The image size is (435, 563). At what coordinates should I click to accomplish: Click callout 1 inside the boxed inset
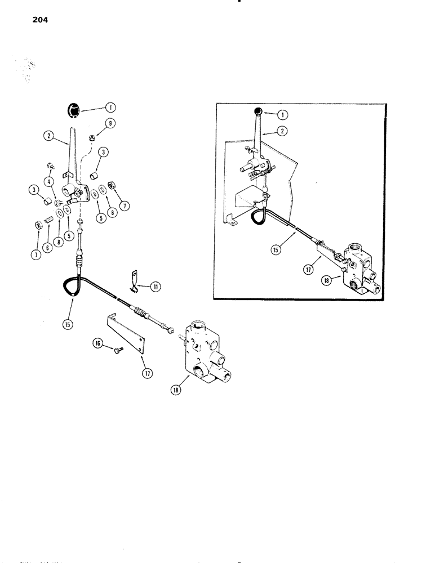coord(282,114)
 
